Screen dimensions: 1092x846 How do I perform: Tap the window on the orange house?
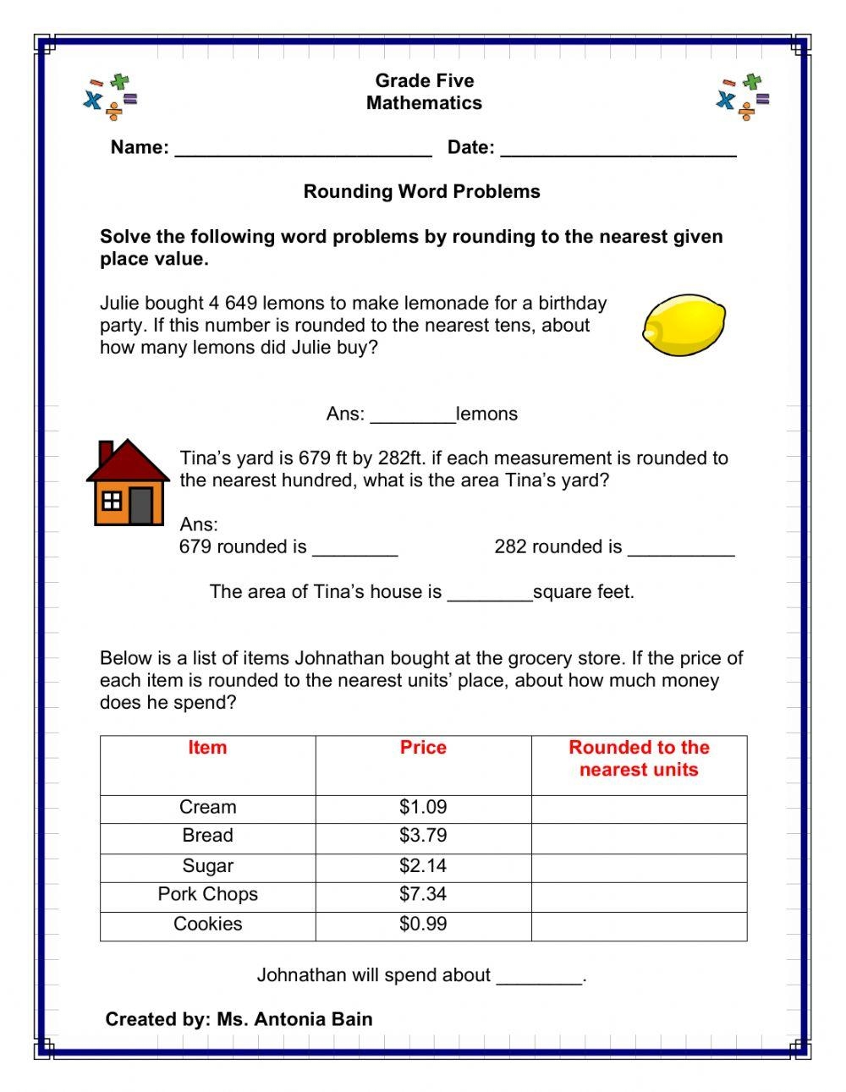[112, 502]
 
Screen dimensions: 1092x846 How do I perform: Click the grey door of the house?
[141, 505]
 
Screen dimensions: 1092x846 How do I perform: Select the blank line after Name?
[303, 150]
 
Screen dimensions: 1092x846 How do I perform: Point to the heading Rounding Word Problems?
[421, 192]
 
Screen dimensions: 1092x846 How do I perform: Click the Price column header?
[423, 748]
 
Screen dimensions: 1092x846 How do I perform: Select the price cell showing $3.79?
[423, 836]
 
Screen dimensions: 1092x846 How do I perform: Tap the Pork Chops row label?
[207, 895]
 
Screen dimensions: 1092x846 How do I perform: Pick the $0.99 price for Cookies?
[423, 925]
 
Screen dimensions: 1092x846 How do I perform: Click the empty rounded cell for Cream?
[639, 808]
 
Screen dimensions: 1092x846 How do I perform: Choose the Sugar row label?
[207, 866]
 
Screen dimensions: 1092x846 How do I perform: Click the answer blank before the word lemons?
[413, 417]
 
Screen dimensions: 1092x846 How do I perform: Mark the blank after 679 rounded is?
[355, 550]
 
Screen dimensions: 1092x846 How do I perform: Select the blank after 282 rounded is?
[681, 550]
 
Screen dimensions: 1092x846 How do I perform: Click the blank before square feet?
[489, 595]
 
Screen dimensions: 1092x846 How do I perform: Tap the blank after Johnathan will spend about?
[539, 979]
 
